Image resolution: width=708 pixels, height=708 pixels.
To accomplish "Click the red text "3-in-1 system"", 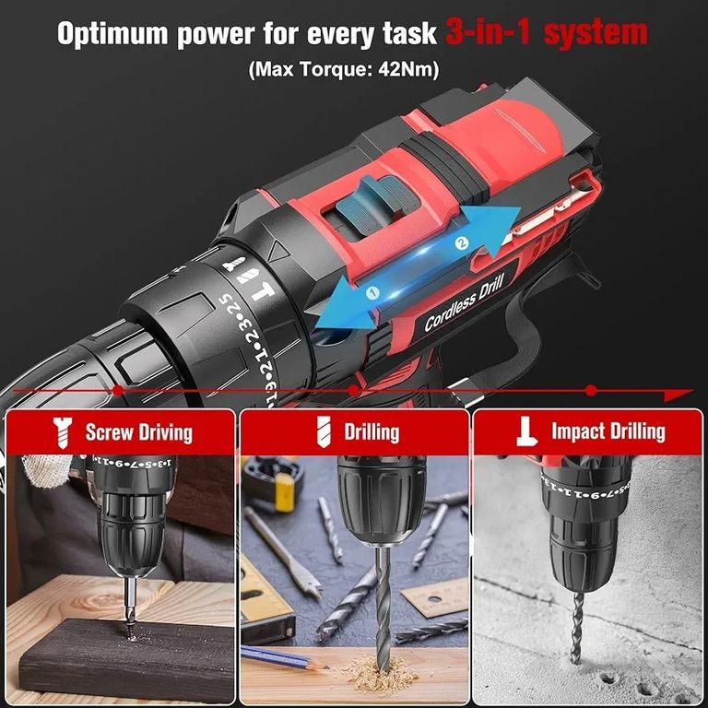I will [x=547, y=33].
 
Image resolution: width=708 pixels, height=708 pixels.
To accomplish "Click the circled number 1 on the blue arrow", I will [x=373, y=293].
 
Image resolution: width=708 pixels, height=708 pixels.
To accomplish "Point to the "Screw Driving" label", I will [x=138, y=431].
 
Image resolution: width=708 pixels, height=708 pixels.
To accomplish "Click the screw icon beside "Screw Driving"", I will [x=64, y=430].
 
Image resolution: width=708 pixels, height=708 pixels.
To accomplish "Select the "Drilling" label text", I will [x=372, y=431].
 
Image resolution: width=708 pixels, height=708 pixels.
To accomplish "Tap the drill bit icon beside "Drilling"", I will [x=324, y=430].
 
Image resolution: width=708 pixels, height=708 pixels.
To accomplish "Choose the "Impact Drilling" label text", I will [x=608, y=431].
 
